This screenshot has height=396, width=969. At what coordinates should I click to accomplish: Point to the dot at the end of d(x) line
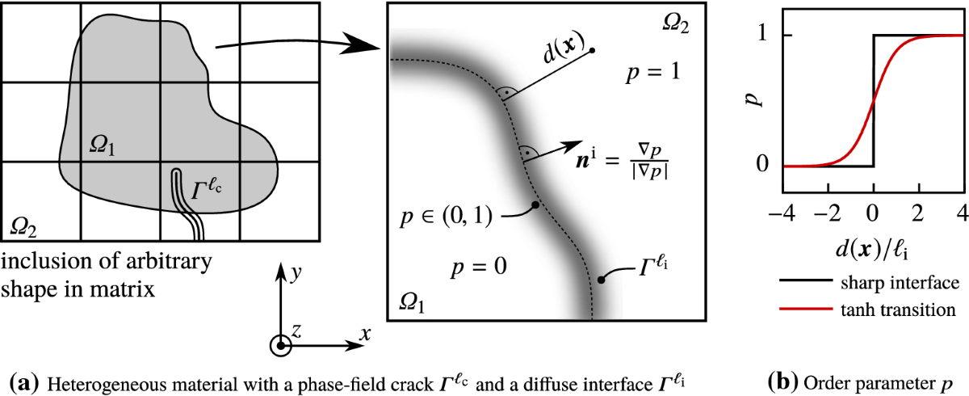tap(593, 51)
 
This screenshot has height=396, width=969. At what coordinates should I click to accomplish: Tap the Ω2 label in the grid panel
tap(23, 230)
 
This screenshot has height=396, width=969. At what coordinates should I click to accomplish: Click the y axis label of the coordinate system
tap(297, 273)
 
